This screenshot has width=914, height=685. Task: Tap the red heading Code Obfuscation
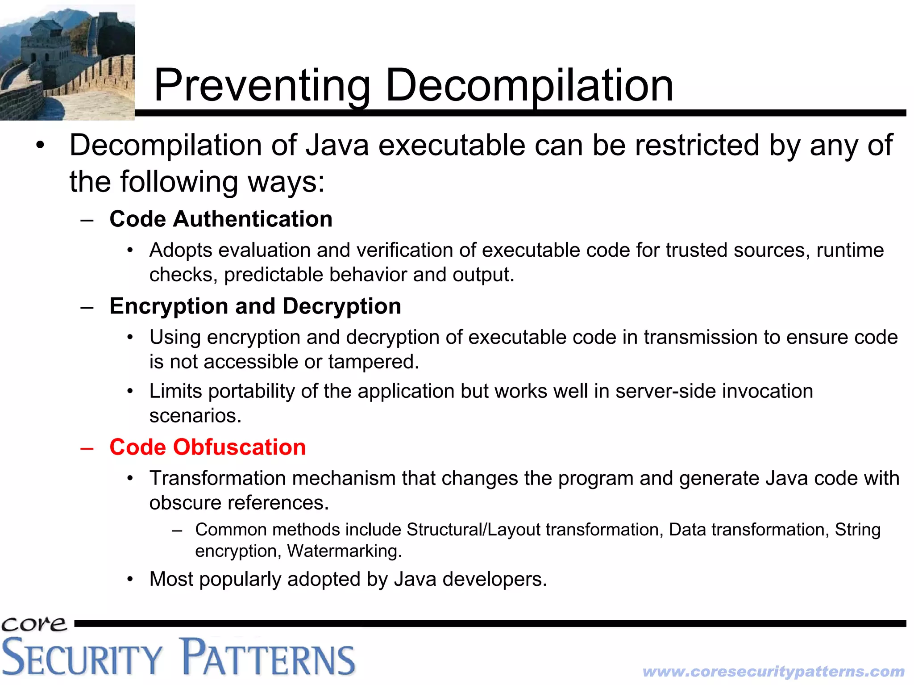tap(208, 447)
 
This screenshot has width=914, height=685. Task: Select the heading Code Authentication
tap(221, 219)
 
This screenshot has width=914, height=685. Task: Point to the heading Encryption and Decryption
tap(255, 306)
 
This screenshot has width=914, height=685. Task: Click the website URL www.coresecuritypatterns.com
tap(773, 671)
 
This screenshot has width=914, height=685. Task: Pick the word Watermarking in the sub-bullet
tap(344, 551)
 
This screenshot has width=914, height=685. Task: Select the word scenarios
tap(195, 416)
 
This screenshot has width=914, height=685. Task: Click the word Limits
tap(176, 391)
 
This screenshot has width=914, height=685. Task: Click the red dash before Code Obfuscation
tap(87, 448)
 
